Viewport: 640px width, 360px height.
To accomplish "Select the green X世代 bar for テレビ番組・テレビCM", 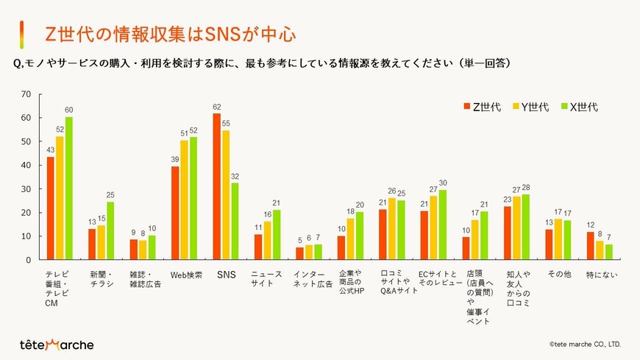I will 68,188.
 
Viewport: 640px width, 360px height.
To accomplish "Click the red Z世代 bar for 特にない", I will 591,246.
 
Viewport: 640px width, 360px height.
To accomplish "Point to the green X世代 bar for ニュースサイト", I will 277,235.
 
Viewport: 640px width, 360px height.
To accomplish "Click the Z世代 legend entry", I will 483,107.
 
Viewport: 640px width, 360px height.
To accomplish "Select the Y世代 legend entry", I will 530,107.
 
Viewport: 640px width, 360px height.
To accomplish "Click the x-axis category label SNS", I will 226,275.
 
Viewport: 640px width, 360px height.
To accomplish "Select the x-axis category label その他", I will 559,275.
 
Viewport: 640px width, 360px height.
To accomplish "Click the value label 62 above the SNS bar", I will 217,107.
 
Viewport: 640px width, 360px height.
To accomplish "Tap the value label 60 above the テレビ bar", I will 68,110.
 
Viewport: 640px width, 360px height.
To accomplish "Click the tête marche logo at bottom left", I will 57,345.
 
